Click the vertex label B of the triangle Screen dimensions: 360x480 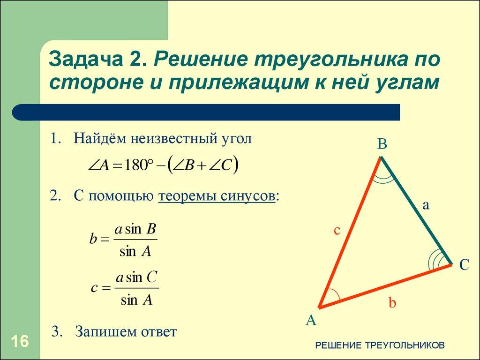click(382, 144)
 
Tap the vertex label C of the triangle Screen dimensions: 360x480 click(464, 265)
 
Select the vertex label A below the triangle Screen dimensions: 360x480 click(311, 320)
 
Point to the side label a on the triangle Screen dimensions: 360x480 click(426, 205)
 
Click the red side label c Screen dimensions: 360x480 click(337, 230)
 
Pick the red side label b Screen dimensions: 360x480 click(392, 303)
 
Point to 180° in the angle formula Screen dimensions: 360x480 click(139, 166)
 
